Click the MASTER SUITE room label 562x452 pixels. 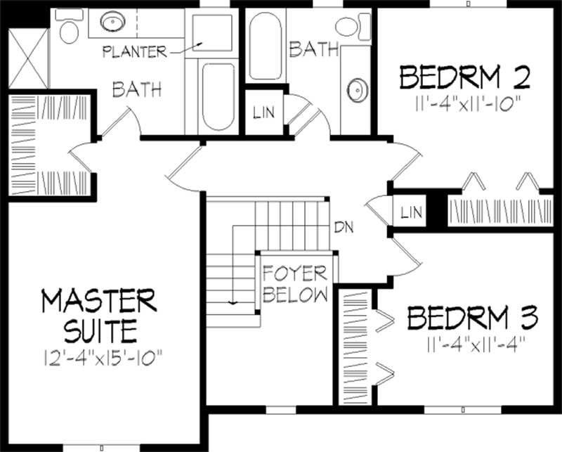pyautogui.click(x=98, y=315)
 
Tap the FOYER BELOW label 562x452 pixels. pyautogui.click(x=295, y=283)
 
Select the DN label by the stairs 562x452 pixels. pyautogui.click(x=343, y=227)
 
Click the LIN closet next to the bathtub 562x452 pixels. pyautogui.click(x=264, y=112)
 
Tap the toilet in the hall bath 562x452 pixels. pyautogui.click(x=347, y=27)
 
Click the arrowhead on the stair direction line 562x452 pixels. pyautogui.click(x=231, y=303)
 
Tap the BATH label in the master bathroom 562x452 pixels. pyautogui.click(x=138, y=89)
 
